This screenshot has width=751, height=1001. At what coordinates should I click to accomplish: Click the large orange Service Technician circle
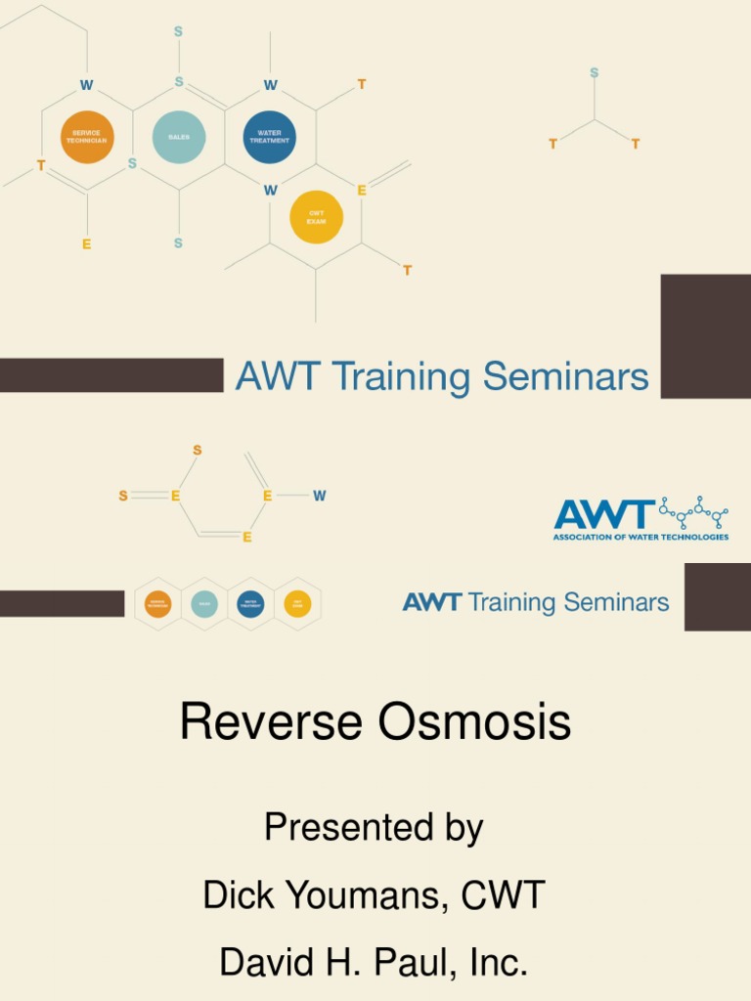click(87, 137)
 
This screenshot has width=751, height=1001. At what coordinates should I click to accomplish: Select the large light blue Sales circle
click(179, 137)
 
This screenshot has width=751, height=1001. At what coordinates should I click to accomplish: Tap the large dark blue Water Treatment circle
click(270, 137)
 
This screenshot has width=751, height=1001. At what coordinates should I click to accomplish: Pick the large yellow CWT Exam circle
click(316, 217)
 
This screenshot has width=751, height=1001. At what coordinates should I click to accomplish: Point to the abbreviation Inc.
click(499, 963)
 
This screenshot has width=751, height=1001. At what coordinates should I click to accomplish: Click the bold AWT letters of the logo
click(604, 514)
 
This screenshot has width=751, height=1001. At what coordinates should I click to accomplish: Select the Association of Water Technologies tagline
click(641, 537)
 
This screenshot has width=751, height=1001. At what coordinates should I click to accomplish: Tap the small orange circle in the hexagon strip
click(157, 604)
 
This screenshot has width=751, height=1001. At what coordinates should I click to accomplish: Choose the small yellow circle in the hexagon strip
click(297, 604)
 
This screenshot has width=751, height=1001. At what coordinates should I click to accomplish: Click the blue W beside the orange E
click(320, 496)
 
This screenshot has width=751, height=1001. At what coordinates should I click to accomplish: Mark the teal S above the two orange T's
click(594, 73)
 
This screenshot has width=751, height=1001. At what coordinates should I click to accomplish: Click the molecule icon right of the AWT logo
click(693, 511)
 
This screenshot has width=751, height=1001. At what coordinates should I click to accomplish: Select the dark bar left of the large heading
click(111, 375)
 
